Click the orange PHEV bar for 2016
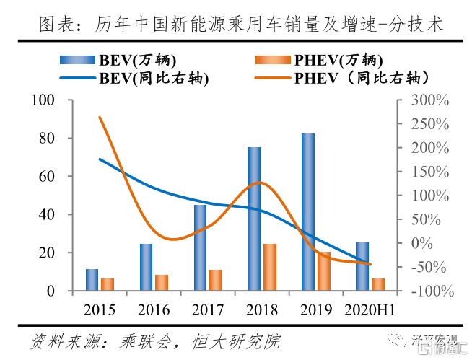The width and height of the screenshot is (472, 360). pyautogui.click(x=161, y=283)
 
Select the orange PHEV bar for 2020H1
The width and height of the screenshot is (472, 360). pyautogui.click(x=377, y=284)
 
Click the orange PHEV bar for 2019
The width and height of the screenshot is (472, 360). pyautogui.click(x=324, y=271)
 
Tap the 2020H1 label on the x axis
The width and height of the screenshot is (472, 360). pyautogui.click(x=369, y=310)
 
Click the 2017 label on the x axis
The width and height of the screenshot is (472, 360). pyautogui.click(x=207, y=310)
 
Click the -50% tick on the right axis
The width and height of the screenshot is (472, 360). pyautogui.click(x=432, y=267)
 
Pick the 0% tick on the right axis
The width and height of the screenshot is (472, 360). pyautogui.click(x=432, y=243)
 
